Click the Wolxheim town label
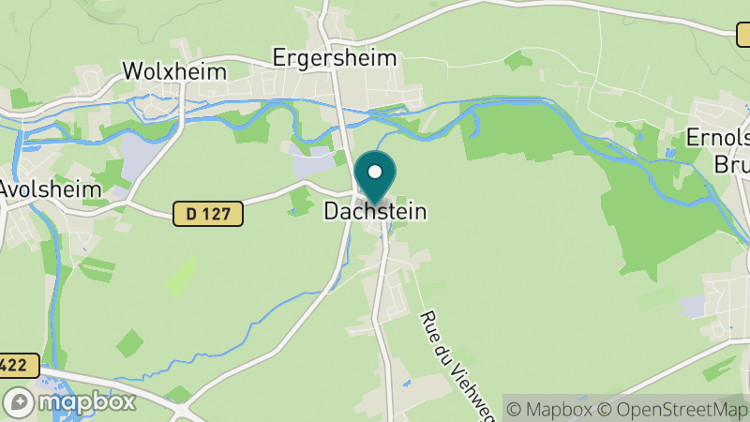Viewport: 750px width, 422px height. point(175,71)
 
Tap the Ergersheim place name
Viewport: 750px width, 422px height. point(335,58)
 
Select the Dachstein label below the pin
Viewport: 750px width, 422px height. point(375,212)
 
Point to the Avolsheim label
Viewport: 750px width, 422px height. point(50,188)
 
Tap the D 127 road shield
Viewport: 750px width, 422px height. point(208,215)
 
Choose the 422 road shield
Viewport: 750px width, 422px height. point(18,366)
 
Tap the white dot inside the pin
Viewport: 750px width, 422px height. point(375,172)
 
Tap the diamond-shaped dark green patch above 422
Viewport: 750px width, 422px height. point(131,342)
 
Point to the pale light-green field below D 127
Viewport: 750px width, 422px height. point(181,275)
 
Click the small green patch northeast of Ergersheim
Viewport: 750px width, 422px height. point(517,61)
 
